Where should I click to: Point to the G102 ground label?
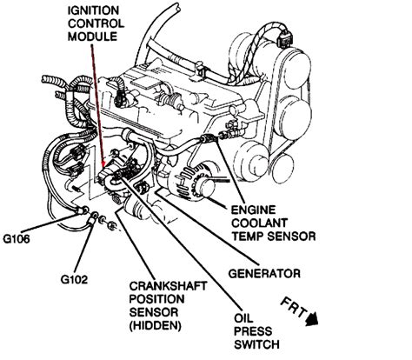pyautogui.click(x=76, y=280)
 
